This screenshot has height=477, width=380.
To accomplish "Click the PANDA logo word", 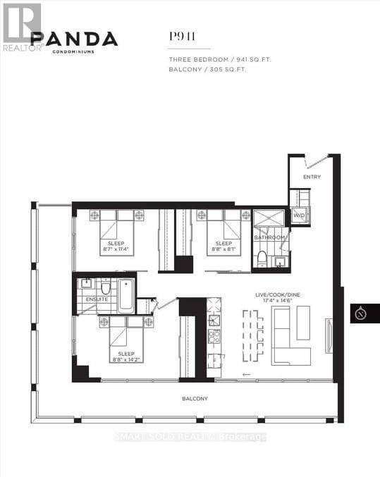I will (74, 39).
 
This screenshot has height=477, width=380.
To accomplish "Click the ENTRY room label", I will (312, 177).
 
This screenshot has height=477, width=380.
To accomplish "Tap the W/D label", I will (299, 215).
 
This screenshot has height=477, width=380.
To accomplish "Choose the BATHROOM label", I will (270, 237).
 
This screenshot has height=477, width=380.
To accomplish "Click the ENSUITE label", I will (97, 299).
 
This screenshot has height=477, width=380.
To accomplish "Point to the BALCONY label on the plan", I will (194, 399).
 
